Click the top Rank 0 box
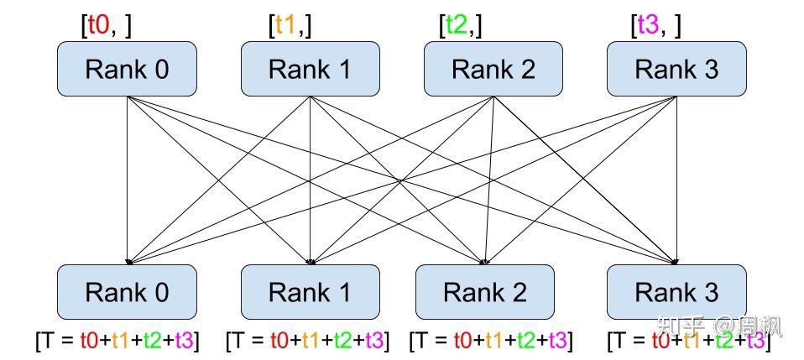pos(127,69)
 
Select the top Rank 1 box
pos(310,69)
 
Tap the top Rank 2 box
pos(493,69)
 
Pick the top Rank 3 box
pos(676,69)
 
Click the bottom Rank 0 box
pos(127,292)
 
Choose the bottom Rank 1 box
pos(310,292)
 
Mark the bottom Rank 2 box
pos(485,292)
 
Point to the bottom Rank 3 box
pos(676,292)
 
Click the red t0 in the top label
pos(98,25)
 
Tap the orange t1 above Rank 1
pos(285,25)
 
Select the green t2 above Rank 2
pos(456,25)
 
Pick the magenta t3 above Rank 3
pos(646,25)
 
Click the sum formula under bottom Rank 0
pos(117,341)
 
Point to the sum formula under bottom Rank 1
pos(308,341)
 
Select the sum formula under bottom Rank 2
pos(491,341)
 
